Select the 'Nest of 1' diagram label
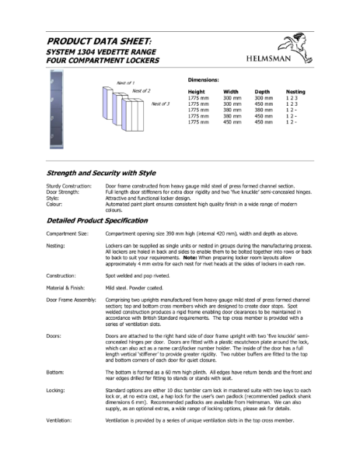[x=126, y=83]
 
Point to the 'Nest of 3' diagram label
[x=160, y=104]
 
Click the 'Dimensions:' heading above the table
[x=204, y=80]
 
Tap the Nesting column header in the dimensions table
[x=295, y=91]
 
